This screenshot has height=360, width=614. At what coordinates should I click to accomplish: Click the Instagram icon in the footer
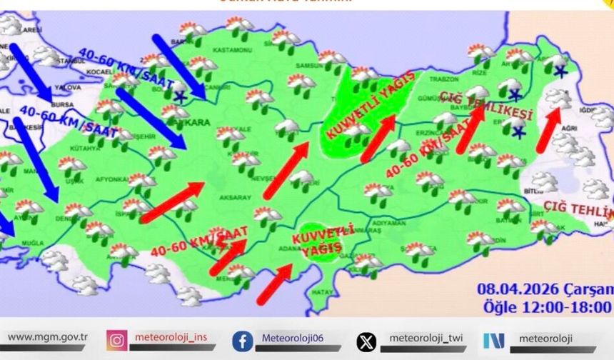tap(117, 340)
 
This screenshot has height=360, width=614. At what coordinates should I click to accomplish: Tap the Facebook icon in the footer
tap(242, 341)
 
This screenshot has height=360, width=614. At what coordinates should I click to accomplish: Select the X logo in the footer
tap(366, 341)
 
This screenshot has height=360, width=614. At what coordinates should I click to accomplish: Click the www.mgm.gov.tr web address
tap(47, 337)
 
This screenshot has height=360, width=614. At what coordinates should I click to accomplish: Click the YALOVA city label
tap(71, 87)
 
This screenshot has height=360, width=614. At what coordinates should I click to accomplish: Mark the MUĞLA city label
tap(32, 244)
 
